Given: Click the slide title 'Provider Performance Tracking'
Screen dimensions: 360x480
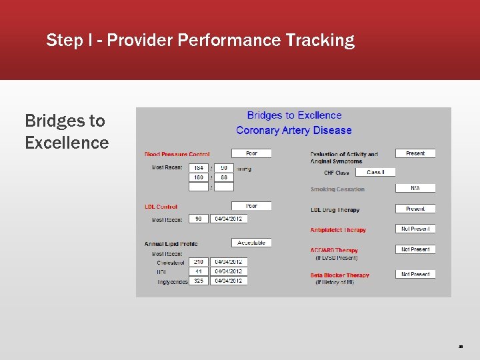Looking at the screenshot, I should [231, 41].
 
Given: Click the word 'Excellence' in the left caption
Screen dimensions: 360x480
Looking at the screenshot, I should [67, 143].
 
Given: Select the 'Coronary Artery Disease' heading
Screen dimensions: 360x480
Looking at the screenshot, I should [293, 130].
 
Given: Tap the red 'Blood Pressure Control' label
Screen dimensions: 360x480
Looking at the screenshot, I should [177, 154].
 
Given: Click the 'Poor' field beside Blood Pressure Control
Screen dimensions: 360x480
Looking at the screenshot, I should [251, 153].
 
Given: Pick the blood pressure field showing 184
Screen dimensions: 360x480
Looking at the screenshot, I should [199, 168].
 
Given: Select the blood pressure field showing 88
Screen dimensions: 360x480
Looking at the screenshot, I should [224, 178].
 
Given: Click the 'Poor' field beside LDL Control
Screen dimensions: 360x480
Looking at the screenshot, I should [251, 206].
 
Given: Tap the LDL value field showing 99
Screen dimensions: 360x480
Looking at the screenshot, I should [199, 219].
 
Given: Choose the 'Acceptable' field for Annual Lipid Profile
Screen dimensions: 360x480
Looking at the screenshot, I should [251, 243].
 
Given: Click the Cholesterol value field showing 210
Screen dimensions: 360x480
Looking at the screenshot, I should [199, 262].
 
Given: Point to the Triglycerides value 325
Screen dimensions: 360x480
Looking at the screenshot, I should [199, 281].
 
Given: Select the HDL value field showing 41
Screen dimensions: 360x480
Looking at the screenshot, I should [199, 271].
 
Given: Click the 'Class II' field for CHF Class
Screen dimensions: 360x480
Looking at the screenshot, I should [375, 172].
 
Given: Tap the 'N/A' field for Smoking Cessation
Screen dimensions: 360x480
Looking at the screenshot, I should [415, 189].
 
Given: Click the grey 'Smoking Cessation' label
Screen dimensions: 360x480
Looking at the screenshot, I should [337, 189].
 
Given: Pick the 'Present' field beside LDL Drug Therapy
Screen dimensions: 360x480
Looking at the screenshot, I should [415, 209].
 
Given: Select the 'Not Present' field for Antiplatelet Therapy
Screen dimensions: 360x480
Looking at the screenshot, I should [415, 229].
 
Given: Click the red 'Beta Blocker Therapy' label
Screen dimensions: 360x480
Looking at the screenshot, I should [339, 275].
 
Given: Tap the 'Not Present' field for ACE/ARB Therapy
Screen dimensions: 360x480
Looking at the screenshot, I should [415, 249].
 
